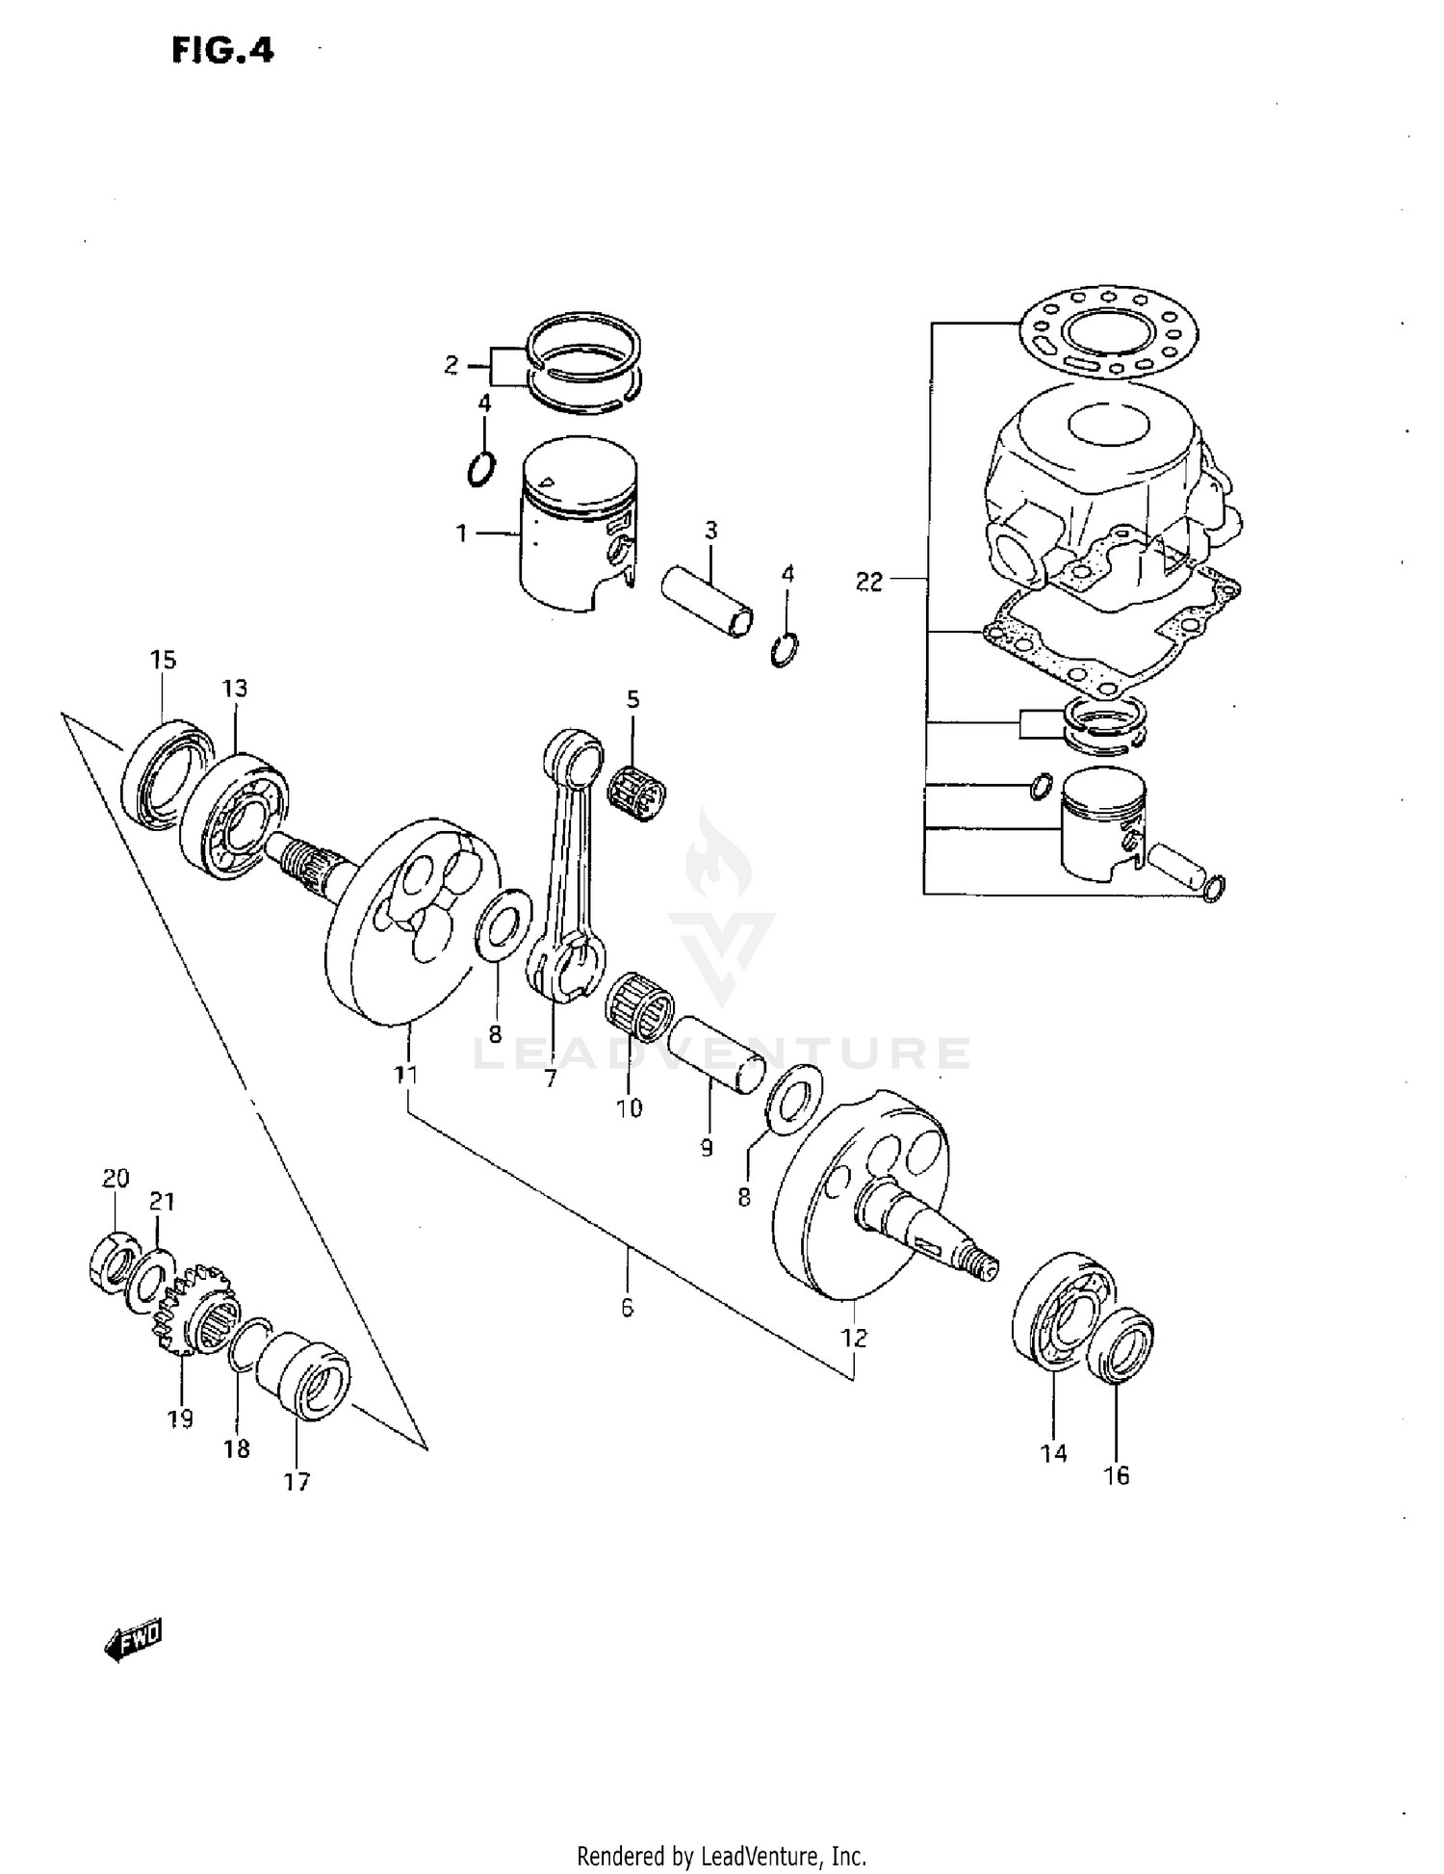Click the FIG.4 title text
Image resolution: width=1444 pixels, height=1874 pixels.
pyautogui.click(x=222, y=49)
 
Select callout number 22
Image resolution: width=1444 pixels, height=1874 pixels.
pyautogui.click(x=868, y=582)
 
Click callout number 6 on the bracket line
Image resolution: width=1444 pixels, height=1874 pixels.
pyautogui.click(x=627, y=1308)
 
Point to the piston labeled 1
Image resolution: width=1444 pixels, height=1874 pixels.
pyautogui.click(x=578, y=525)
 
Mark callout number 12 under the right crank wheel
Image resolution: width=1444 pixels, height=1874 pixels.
pyautogui.click(x=854, y=1339)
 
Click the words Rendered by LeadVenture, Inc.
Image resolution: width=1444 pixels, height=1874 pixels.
pyautogui.click(x=722, y=1855)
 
